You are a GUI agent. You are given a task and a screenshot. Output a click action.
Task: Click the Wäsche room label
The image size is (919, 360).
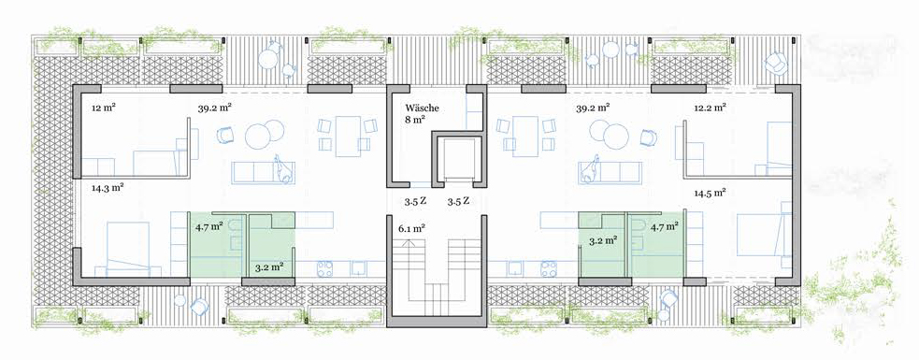[422, 108]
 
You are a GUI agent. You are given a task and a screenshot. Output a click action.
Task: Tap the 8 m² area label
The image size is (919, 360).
[415, 119]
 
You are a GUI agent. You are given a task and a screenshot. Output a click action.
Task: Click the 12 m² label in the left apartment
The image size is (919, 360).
[103, 108]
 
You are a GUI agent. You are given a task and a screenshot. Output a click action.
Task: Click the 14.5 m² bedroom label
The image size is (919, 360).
[710, 193]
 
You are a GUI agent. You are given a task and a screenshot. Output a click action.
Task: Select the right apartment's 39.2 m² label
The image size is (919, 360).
[593, 108]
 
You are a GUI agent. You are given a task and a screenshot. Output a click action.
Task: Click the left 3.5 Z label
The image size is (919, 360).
[414, 201]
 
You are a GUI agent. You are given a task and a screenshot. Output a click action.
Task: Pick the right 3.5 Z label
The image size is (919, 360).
[458, 201]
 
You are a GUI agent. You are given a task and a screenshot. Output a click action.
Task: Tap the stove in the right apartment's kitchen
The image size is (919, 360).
[548, 268]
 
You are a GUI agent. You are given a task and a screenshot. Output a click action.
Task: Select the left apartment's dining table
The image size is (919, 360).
[348, 136]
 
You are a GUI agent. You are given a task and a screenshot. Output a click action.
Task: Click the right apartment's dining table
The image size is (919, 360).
[525, 136]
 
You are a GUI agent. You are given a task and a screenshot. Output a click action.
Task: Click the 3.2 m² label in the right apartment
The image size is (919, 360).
[602, 239]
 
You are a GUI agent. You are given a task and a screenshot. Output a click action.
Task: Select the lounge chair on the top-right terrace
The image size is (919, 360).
[777, 61]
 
